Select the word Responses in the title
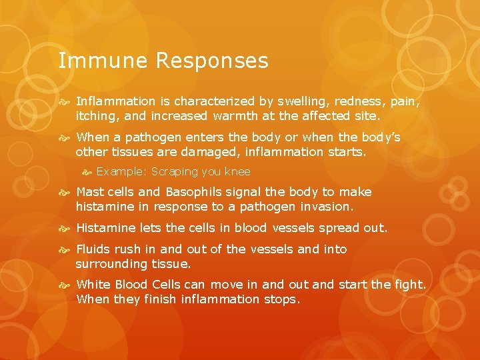coord(212,61)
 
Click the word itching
coord(97,115)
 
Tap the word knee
coord(237,171)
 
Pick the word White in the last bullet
coord(93,285)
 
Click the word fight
coord(408,285)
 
